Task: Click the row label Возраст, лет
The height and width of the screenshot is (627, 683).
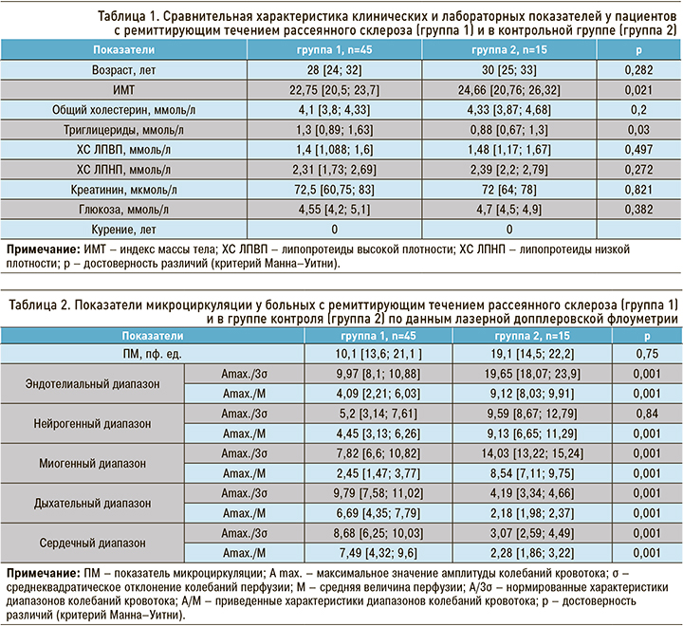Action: click(x=126, y=71)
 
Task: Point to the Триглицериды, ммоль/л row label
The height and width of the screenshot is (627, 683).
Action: click(x=126, y=130)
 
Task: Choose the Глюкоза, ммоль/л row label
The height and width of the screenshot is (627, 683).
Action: click(x=126, y=210)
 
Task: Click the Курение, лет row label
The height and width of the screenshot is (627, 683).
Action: click(x=126, y=229)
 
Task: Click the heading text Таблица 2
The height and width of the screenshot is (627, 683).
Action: click(x=43, y=304)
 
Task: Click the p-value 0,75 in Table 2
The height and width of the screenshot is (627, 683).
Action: click(x=646, y=354)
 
